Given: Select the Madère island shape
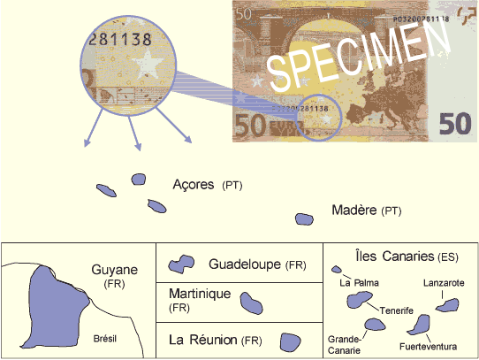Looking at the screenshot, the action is pos(304,219).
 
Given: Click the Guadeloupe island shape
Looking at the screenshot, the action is pos(181,264).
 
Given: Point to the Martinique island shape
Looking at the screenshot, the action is pos(251,303).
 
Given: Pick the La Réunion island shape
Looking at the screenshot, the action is pos(290,342).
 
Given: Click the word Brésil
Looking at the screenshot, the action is pos(105,339).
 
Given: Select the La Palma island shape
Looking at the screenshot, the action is pos(337,270).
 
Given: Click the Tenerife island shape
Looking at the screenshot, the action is pos(359,300).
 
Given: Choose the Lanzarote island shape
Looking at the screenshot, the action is pos(447,305).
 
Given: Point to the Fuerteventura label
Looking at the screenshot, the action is pos(428,347).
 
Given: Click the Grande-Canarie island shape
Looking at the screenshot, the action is pos(375,325).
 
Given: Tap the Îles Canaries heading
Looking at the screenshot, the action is pos(407,256).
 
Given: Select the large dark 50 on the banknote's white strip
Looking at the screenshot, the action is pos(455,123).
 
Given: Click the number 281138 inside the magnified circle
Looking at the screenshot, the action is pos(120,40).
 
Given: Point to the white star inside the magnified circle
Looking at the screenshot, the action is pos(148,65).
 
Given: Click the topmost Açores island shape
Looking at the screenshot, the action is pos(139,180).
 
